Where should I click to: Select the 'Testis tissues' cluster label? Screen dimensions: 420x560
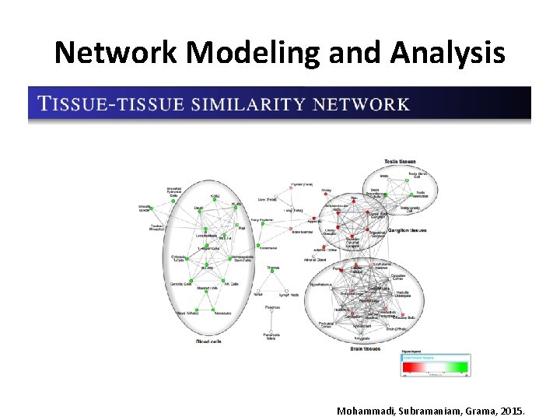click(x=399, y=162)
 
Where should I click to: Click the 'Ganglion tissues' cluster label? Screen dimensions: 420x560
click(x=407, y=230)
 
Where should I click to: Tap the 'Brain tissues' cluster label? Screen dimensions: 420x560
click(x=366, y=348)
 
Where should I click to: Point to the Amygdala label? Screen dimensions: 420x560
click(x=362, y=338)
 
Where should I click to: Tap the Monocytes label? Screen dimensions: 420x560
click(x=222, y=313)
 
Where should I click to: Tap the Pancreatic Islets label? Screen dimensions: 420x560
click(x=271, y=336)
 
